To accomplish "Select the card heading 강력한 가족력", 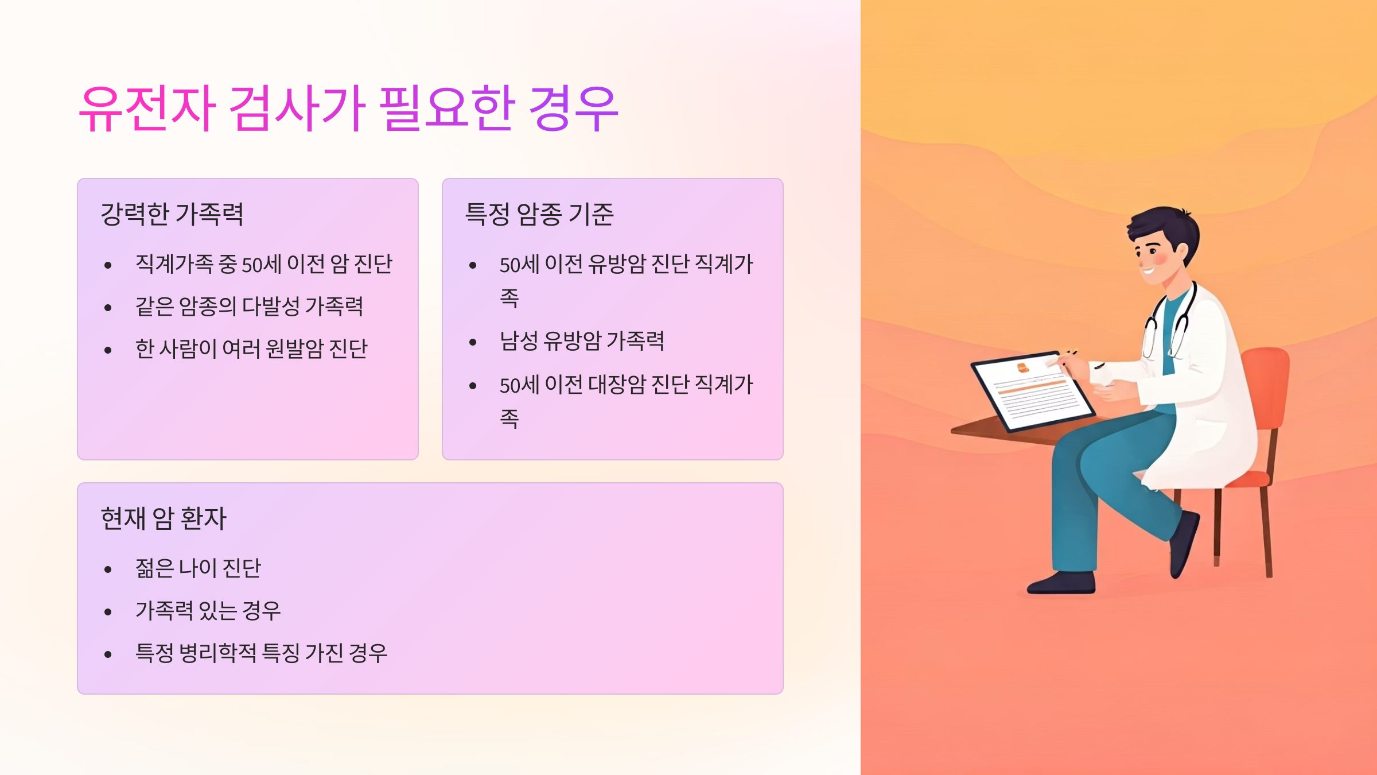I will (x=172, y=214).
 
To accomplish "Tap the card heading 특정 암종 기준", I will (x=539, y=214).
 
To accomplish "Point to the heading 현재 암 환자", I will (x=164, y=518).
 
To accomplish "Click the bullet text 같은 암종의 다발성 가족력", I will (x=249, y=306).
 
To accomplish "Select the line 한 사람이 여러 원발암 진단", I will (x=251, y=348).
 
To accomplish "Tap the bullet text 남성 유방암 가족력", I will (x=582, y=340).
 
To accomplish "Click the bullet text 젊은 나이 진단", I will (x=198, y=568).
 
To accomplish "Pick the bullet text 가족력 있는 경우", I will (x=208, y=610).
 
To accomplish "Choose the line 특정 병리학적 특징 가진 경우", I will (x=261, y=653).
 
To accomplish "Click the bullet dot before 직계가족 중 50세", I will (x=108, y=265).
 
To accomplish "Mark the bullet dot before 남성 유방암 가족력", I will (x=473, y=343).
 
